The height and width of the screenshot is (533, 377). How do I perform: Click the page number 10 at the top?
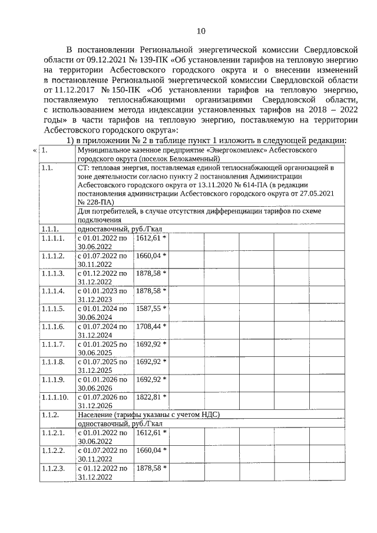coord(201,31)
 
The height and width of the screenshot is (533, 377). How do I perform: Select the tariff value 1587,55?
coord(149,308)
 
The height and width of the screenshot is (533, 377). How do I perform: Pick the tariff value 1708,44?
coord(149,325)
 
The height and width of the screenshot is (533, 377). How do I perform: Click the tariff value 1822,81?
coord(149,397)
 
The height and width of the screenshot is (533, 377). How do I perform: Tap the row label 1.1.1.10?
coord(55,397)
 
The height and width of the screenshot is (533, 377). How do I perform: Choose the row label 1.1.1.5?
coord(53,308)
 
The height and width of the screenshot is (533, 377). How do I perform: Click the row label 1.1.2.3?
coord(53,468)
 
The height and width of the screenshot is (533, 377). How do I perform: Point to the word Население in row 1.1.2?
coord(97,415)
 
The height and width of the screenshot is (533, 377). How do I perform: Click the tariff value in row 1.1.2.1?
coord(149,432)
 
